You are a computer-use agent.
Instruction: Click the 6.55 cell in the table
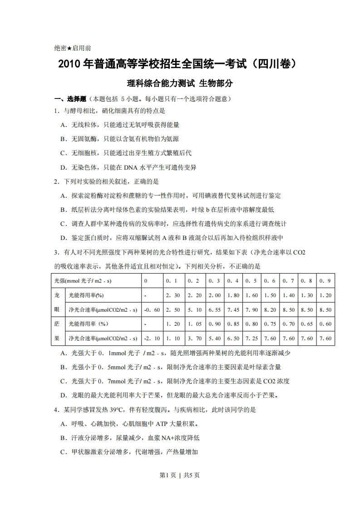[x=215, y=310]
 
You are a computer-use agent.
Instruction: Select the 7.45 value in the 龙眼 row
[x=233, y=310]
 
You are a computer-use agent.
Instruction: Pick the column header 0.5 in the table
[x=252, y=281]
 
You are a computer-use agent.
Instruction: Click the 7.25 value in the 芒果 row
[x=252, y=338]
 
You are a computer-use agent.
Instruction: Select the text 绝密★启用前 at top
[x=73, y=48]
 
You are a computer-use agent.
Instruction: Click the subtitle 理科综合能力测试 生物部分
[x=180, y=83]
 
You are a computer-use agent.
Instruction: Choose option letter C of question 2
[x=63, y=224]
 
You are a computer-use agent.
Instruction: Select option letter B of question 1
[x=63, y=139]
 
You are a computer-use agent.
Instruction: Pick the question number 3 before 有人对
[x=56, y=252]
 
